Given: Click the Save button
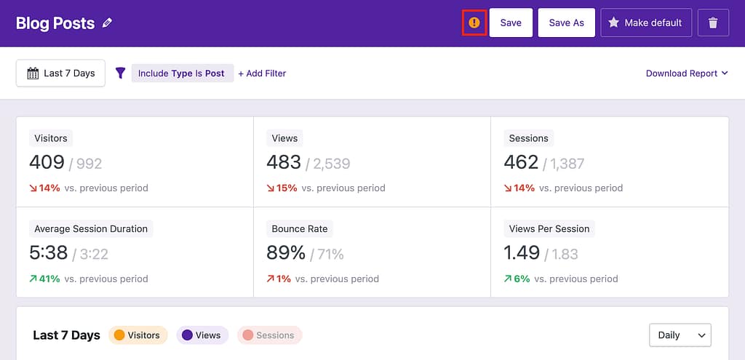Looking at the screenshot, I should (511, 23).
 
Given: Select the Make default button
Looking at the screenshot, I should (645, 23).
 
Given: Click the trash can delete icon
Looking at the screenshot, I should (713, 23).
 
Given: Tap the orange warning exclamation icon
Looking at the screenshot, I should (474, 23).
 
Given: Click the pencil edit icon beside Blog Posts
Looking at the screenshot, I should (108, 23).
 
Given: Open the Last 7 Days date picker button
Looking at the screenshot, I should (61, 73).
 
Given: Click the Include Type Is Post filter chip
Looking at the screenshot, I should (182, 73).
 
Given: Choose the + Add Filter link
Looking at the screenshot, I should (262, 73).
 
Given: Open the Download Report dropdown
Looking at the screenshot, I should (686, 73).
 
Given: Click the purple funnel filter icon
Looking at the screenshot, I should (121, 73).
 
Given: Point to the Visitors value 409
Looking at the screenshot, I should (47, 162).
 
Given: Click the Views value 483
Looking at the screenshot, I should (284, 162).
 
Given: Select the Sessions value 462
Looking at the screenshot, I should (521, 162).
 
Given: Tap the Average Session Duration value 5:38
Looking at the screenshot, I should (49, 252).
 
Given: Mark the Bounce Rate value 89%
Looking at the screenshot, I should (286, 252).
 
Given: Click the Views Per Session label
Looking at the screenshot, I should (549, 228).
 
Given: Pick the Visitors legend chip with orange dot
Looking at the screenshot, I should (138, 335).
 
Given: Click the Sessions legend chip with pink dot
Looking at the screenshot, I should (268, 335).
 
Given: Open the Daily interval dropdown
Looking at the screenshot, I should (680, 335).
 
